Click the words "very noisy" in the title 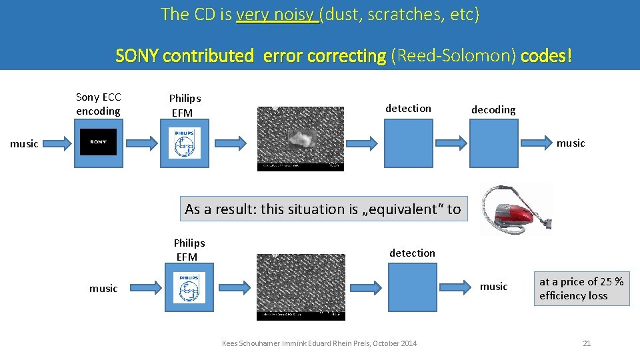277,15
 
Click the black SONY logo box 98,142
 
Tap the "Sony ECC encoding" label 98,104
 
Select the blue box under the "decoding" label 494,143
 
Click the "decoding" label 493,109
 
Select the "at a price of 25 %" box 581,289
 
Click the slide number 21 587,343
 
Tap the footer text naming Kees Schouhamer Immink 319,343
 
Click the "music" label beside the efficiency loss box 493,287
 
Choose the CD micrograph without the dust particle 301,287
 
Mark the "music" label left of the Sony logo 24,143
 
